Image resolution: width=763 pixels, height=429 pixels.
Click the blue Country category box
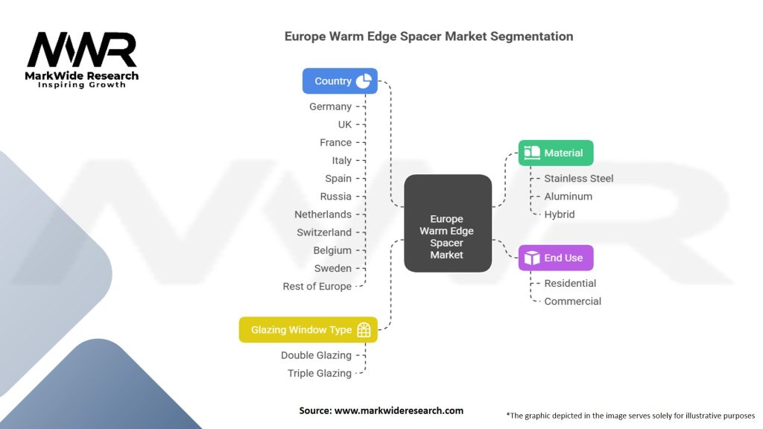pyautogui.click(x=339, y=81)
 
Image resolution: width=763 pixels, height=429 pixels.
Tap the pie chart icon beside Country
pyautogui.click(x=364, y=81)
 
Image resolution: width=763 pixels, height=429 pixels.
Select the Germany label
pyautogui.click(x=330, y=107)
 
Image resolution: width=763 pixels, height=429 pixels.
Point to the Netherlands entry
pyautogui.click(x=323, y=214)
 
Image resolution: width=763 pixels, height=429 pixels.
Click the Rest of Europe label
pyautogui.click(x=317, y=286)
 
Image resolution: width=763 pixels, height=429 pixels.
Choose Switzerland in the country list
pyautogui.click(x=324, y=232)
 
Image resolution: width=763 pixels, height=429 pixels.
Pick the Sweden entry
pyautogui.click(x=332, y=268)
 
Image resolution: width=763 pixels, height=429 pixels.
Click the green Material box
pyautogui.click(x=556, y=153)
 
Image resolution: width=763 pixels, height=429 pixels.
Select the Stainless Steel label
pyautogui.click(x=579, y=178)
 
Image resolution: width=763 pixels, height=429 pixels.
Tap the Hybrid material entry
pyautogui.click(x=560, y=214)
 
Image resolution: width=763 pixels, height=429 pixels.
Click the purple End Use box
pyautogui.click(x=556, y=258)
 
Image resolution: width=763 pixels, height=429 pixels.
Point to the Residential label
pyautogui.click(x=570, y=283)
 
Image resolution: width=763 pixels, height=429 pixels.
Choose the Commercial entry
pyautogui.click(x=572, y=301)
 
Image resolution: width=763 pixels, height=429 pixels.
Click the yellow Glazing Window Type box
pyautogui.click(x=308, y=330)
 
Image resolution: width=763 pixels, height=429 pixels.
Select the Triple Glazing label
pyautogui.click(x=320, y=373)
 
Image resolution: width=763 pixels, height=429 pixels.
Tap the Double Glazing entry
pyautogui.click(x=316, y=355)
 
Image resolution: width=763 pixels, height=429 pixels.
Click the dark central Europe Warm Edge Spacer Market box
pyautogui.click(x=447, y=223)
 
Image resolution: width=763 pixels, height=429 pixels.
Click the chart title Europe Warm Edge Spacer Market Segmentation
pyautogui.click(x=428, y=36)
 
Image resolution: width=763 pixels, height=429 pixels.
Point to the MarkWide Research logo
pyautogui.click(x=82, y=60)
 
